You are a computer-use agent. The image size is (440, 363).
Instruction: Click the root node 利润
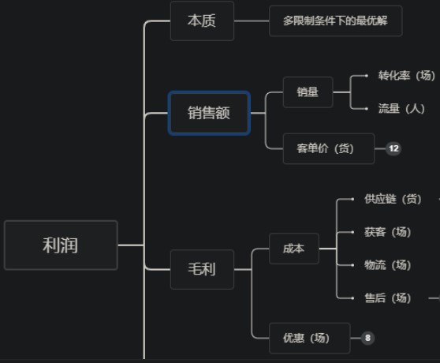point(61,245)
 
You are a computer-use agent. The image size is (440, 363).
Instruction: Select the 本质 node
point(202,21)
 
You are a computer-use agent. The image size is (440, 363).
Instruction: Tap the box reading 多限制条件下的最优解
point(336,21)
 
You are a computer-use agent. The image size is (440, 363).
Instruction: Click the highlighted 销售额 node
point(209,113)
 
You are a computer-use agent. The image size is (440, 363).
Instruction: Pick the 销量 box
point(308,92)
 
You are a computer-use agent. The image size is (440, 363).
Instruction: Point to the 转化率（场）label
point(407,76)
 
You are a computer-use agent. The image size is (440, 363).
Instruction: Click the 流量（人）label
point(401,109)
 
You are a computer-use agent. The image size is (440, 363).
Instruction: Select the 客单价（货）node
point(329,148)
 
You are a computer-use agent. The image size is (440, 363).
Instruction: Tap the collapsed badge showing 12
point(393,148)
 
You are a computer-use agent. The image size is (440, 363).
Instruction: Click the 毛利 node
point(202,269)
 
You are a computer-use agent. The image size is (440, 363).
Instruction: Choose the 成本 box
point(294,249)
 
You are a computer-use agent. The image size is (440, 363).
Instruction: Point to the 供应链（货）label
point(393,199)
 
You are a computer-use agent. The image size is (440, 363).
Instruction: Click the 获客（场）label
point(387,232)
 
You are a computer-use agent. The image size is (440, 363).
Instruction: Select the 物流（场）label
point(387,265)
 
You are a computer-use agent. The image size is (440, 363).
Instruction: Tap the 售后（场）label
point(387,298)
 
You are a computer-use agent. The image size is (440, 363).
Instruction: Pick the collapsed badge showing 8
point(367,338)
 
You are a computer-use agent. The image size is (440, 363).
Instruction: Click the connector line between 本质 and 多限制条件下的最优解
point(252,21)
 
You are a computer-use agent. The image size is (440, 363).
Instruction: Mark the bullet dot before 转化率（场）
point(367,76)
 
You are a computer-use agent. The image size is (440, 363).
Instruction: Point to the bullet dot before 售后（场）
point(352,298)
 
